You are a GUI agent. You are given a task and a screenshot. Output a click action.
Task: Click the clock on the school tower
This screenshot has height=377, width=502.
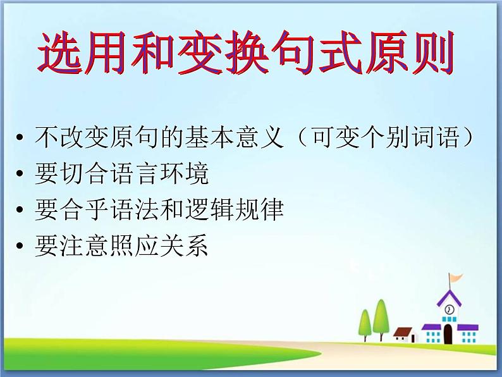449,309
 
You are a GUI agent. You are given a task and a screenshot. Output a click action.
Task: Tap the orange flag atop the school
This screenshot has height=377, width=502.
455,278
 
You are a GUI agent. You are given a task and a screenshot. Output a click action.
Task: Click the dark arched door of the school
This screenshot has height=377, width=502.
448,333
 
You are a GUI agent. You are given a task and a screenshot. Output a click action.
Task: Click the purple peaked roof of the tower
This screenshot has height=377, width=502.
449,296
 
